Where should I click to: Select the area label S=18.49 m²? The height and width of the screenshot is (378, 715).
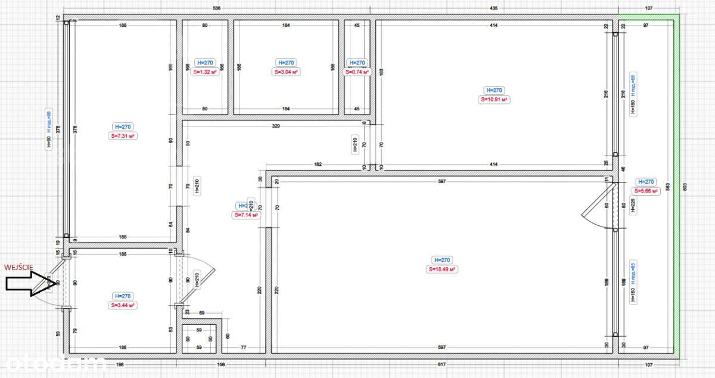pos(442,269)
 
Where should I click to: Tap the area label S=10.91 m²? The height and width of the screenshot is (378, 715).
pos(494,100)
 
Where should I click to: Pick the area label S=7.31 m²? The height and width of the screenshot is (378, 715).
pos(123,136)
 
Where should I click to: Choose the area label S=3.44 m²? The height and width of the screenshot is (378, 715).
pos(123,305)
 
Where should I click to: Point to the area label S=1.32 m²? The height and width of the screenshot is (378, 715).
pos(205,72)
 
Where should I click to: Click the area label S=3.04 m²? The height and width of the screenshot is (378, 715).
pos(286,72)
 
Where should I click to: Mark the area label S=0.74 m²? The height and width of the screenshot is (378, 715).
pos(357,72)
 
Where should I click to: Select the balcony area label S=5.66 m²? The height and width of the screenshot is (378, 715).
pos(646,191)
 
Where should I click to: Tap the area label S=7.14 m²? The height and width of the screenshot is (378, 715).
pos(246,215)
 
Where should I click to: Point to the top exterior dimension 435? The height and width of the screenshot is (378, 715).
pos(494,8)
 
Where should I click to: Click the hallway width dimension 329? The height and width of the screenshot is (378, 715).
pos(275,126)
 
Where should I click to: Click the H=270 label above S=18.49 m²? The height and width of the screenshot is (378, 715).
pos(442,260)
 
